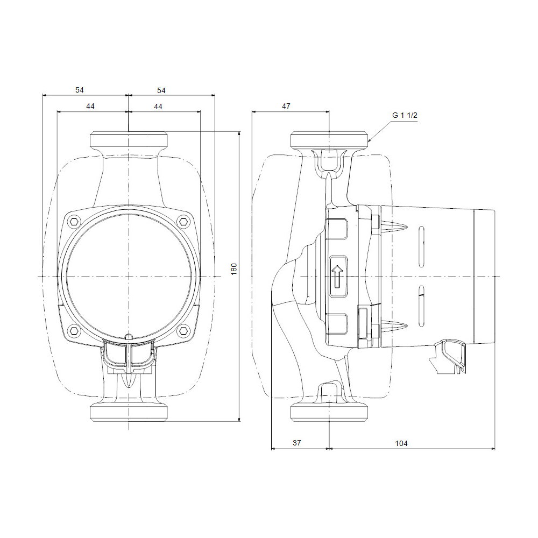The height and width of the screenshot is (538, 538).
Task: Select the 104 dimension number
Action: [x=401, y=443]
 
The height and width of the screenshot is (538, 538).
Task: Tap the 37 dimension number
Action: [x=296, y=443]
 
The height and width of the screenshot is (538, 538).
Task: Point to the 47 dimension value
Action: [x=286, y=107]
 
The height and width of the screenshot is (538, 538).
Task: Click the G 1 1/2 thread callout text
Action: [x=405, y=116]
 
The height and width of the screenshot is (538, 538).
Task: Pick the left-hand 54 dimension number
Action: [x=80, y=89]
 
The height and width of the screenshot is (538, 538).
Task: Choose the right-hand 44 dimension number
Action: [x=158, y=107]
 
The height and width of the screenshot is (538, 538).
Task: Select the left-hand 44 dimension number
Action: [x=90, y=107]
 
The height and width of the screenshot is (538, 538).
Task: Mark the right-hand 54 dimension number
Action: [x=161, y=89]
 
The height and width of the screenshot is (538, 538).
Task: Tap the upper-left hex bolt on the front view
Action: [x=74, y=221]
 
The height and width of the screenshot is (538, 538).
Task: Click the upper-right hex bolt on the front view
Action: [x=183, y=221]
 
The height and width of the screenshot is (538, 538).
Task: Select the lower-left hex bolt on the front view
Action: [x=74, y=330]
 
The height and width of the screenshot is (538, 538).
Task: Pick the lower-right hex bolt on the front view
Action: [x=183, y=330]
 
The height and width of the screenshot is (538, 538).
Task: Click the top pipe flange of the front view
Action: [x=129, y=141]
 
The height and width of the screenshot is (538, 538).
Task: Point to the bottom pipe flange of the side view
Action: [x=329, y=413]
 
